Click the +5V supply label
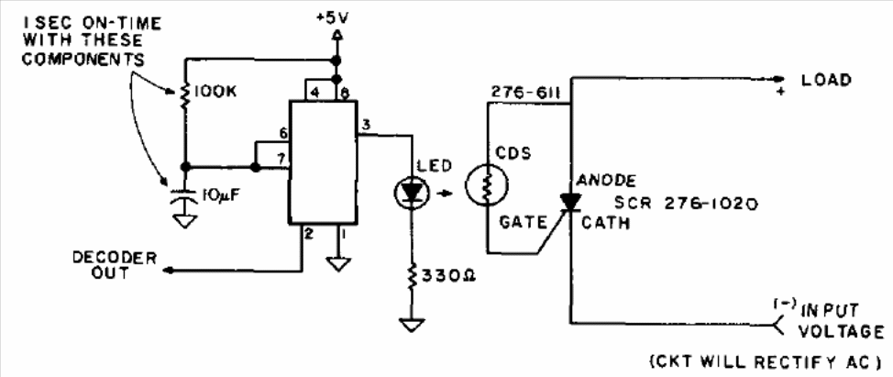coord(333,17)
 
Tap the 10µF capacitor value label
coord(220,196)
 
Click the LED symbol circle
coord(411,191)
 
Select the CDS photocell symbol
coord(486,185)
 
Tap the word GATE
coord(524,223)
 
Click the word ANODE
coord(605,181)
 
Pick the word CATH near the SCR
coord(605,224)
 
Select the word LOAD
coord(826,81)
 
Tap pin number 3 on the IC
coord(366,126)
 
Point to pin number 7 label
coord(280,159)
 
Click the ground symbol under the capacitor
coord(184,221)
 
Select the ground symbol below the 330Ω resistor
coord(411,325)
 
